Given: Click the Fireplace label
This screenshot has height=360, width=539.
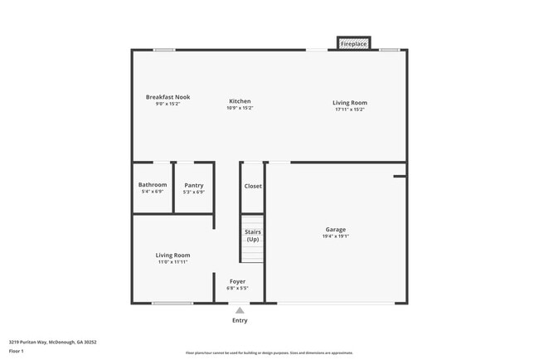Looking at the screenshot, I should (354, 43).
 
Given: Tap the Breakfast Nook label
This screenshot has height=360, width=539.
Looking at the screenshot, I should (168, 97).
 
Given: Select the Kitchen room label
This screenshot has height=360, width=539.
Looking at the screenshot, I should (240, 101).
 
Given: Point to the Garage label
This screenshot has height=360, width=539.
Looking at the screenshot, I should (336, 229).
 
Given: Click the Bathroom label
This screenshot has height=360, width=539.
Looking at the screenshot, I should (153, 184).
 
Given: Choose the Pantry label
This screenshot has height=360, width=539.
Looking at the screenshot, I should (194, 185).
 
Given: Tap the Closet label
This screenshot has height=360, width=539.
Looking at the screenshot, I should (253, 186).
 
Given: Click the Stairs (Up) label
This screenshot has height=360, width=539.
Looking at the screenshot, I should (253, 236).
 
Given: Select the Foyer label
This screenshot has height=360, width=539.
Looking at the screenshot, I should (238, 281).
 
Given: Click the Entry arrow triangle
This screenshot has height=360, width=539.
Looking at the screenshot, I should (240, 310).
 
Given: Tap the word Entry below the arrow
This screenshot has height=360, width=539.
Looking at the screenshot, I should (240, 320).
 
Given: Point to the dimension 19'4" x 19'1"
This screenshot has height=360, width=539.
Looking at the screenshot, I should (336, 236).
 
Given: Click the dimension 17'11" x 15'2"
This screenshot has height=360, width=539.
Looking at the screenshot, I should (350, 109).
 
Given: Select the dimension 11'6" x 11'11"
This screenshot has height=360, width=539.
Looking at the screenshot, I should (173, 262).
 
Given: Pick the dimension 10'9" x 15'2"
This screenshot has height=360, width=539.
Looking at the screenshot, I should (240, 109).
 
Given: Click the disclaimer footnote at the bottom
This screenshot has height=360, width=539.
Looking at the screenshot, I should (269, 353).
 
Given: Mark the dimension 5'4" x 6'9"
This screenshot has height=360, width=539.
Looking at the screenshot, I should (153, 192).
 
